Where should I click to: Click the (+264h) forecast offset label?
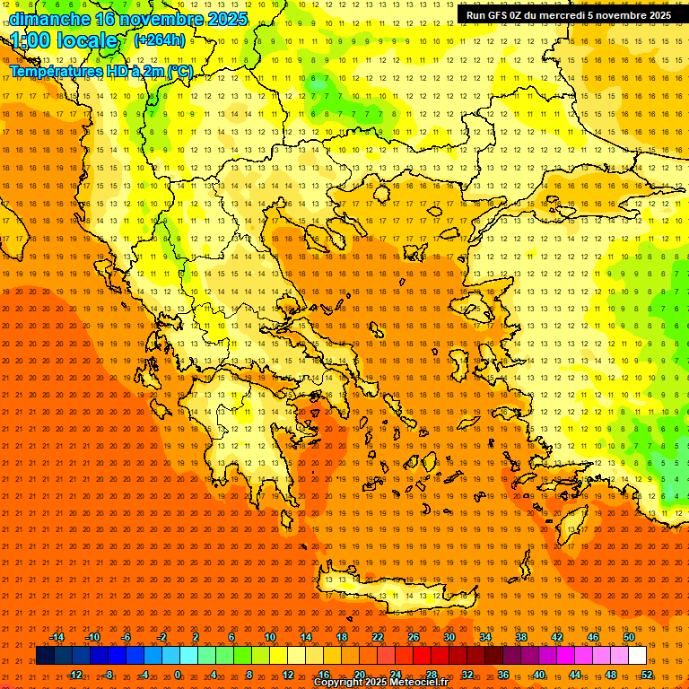tap(160, 40)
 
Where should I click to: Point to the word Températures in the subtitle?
tap(56, 71)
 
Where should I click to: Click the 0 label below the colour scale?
tap(178, 675)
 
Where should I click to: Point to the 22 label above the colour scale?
tap(378, 637)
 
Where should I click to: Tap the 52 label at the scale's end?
tap(647, 675)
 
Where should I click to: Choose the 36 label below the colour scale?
tap(503, 675)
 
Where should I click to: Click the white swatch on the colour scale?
tap(637, 656)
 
